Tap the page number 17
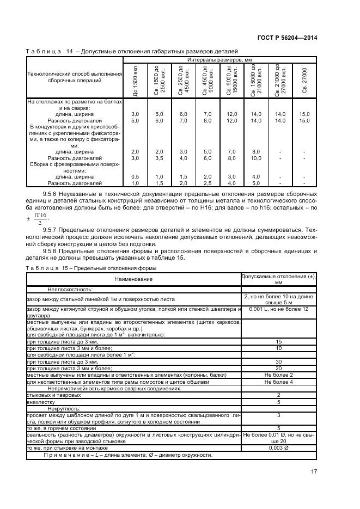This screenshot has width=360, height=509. (314, 471)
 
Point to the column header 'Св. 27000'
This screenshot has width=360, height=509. (304, 80)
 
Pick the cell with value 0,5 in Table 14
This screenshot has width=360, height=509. (135, 177)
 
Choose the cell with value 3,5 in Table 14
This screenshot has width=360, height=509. (159, 158)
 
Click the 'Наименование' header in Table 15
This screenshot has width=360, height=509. (133, 279)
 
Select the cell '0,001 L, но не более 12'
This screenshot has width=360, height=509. (279, 309)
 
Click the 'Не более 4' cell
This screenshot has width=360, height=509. (279, 382)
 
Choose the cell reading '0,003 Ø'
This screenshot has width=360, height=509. (279, 447)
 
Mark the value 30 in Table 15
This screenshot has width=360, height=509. (279, 361)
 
